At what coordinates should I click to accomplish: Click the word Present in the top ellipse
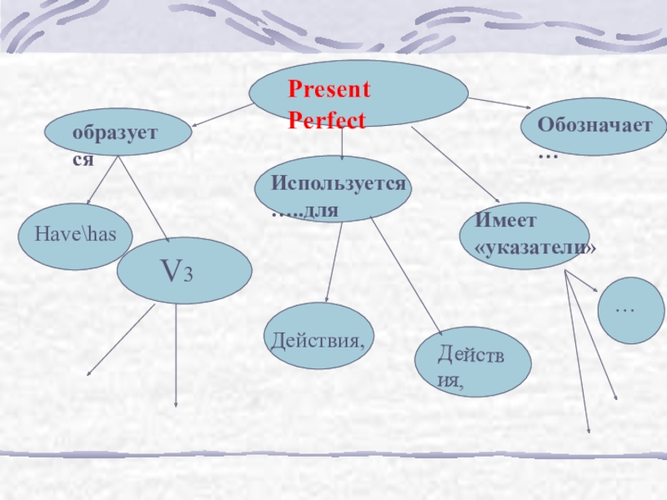pyautogui.click(x=329, y=90)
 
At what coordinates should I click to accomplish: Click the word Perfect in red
pyautogui.click(x=327, y=121)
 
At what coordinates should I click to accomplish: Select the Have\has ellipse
pyautogui.click(x=75, y=236)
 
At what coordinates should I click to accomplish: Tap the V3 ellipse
pyautogui.click(x=183, y=271)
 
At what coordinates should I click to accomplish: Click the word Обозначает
pyautogui.click(x=594, y=125)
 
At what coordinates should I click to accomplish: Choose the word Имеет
pyautogui.click(x=506, y=220)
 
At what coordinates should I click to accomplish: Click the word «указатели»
pyautogui.click(x=535, y=248)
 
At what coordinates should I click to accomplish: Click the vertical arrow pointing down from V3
pyautogui.click(x=177, y=354)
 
